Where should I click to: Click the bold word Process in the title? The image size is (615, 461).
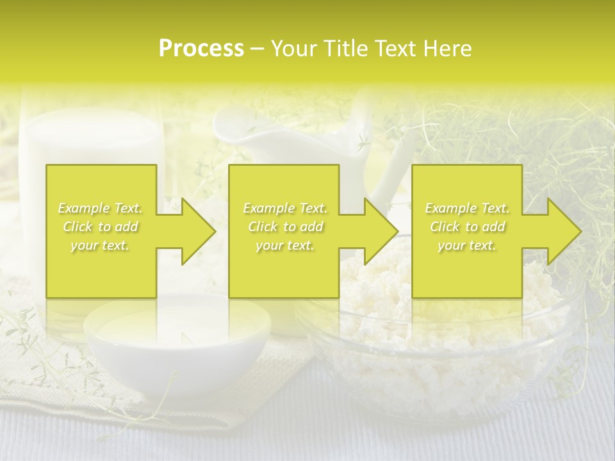(201, 49)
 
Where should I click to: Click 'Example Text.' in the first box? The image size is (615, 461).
(101, 208)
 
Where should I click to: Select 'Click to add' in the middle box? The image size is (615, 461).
(285, 227)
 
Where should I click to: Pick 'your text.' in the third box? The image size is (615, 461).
(466, 245)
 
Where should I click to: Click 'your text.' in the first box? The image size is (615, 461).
(101, 245)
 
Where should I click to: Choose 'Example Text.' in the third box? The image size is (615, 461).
(467, 208)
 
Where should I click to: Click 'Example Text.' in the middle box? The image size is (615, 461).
(285, 208)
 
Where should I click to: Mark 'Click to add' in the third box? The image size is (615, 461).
(467, 227)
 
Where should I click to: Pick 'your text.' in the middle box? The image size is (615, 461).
(285, 245)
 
